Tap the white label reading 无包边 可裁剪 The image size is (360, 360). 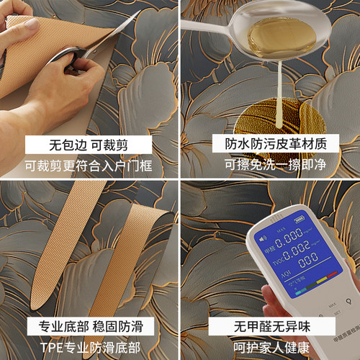click(89, 143)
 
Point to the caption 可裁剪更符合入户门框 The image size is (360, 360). click(89, 166)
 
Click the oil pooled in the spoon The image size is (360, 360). click(267, 35)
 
